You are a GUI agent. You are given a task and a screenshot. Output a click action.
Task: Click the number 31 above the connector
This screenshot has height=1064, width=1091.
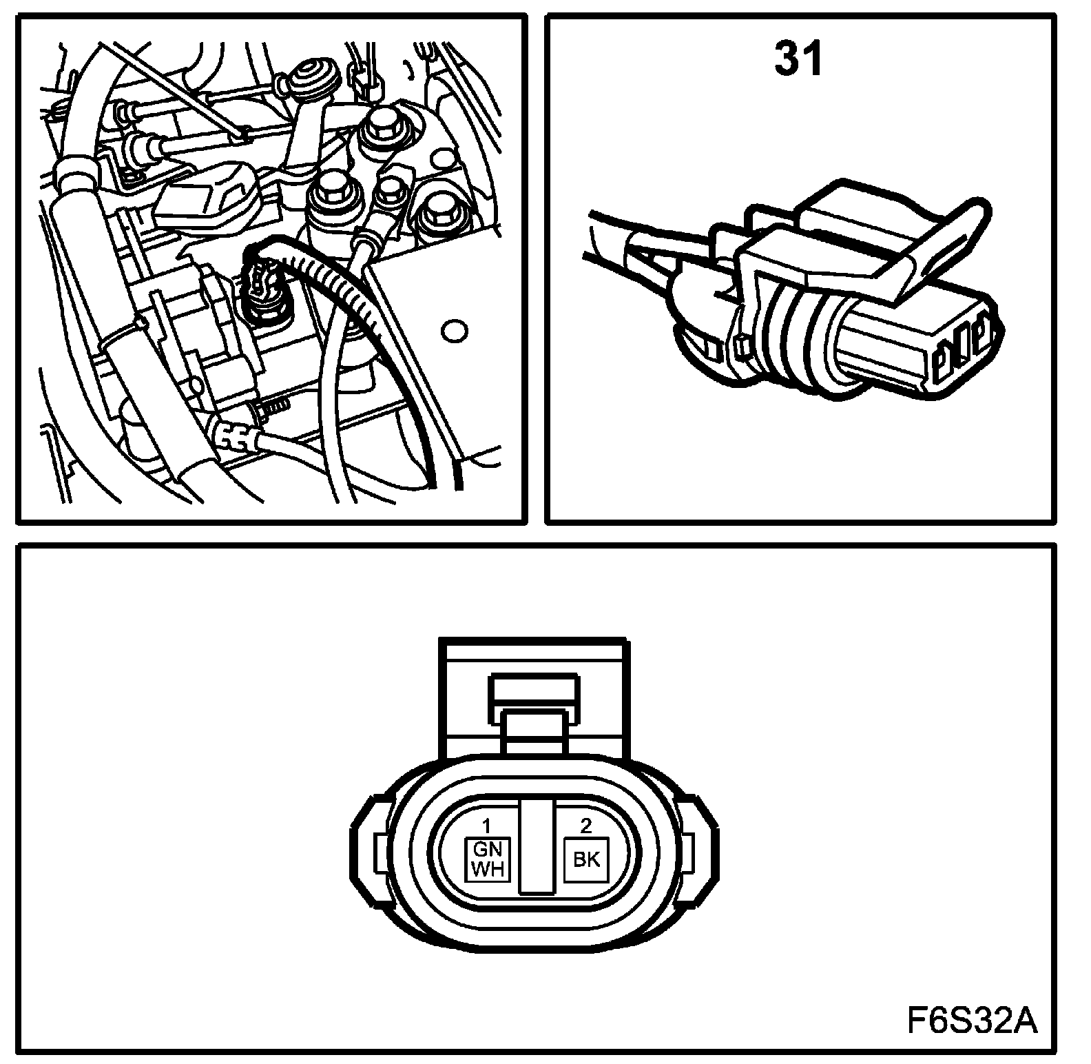[x=798, y=61]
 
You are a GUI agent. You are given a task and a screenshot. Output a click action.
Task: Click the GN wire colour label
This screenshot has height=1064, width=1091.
[x=488, y=848]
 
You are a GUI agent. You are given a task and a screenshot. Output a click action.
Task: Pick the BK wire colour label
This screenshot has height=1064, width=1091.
[x=586, y=860]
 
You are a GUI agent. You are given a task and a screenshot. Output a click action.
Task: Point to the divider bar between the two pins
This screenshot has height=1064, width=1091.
[x=536, y=848]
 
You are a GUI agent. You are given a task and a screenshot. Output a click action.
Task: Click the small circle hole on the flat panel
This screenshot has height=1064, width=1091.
[x=453, y=331]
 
